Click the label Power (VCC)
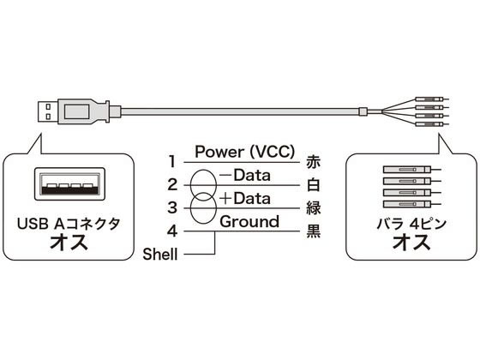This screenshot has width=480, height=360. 245,152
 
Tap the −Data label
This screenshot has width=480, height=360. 245,176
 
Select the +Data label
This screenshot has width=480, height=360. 245,199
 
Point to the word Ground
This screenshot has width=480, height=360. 249,222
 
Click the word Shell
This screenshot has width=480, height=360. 160,254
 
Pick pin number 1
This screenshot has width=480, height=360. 172,162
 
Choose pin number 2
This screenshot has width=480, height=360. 172,185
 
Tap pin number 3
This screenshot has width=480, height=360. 172,207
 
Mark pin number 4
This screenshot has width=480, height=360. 172,231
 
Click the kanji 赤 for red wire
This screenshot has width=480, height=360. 313,162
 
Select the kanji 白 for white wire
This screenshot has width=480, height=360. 313,185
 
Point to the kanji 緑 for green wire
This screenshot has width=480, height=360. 313,208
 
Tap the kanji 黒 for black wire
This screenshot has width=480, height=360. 313,231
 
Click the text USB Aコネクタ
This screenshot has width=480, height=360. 69,224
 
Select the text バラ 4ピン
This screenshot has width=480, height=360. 411,224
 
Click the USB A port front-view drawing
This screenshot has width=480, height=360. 69,184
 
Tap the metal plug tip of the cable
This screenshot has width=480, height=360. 48,111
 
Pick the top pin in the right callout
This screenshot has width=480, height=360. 412,170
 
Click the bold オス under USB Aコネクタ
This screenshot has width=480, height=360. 69,243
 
